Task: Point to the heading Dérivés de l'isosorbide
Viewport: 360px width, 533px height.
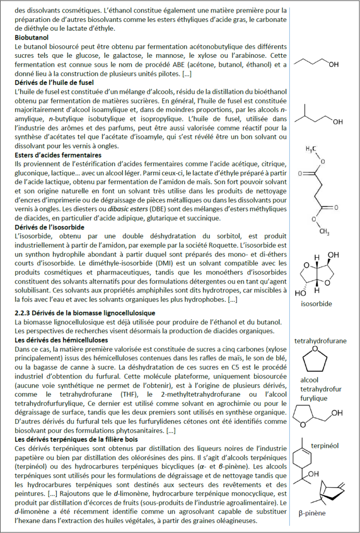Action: coord(49,227)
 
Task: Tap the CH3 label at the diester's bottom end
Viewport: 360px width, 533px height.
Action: coord(324,232)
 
